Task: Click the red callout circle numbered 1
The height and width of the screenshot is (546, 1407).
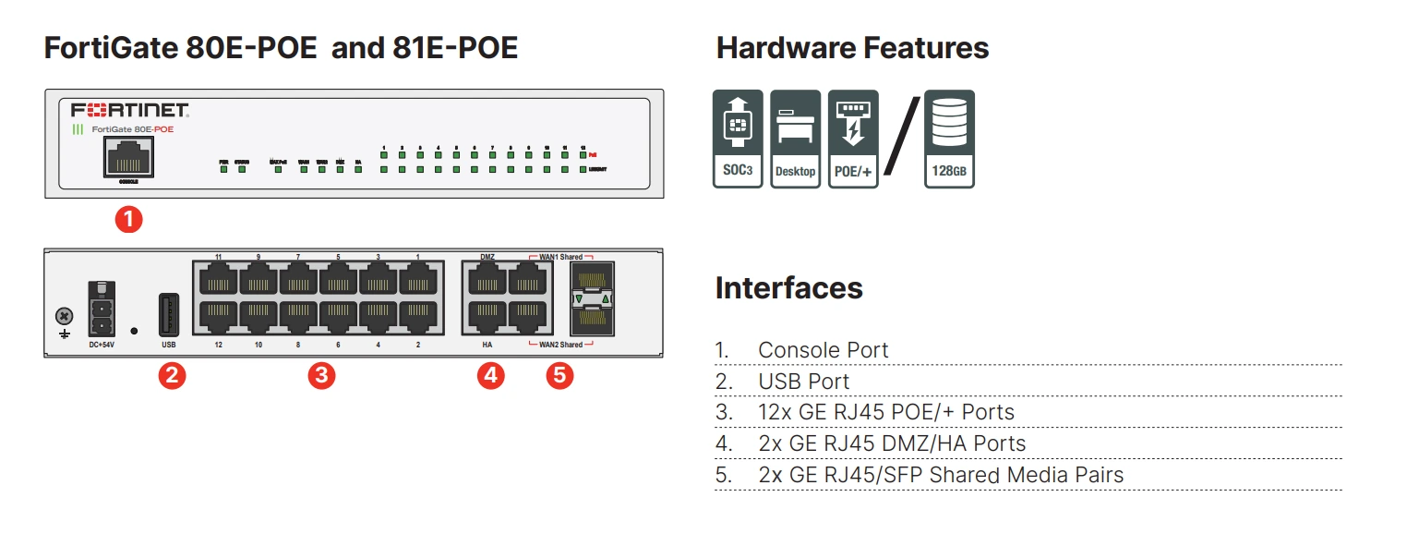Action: (127, 220)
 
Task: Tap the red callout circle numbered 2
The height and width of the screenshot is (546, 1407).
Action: (171, 375)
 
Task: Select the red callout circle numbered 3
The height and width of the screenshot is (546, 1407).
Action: (320, 375)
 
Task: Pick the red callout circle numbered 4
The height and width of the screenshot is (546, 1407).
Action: (490, 375)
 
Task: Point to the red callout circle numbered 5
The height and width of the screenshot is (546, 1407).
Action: (559, 375)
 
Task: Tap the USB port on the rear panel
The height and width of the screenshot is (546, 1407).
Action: (168, 315)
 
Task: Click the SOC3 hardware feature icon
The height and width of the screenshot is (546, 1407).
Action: (738, 139)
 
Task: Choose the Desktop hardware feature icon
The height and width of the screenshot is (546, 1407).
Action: (795, 139)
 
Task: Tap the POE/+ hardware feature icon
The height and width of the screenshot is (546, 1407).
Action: (852, 139)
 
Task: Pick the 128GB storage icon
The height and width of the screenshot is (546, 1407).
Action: (949, 139)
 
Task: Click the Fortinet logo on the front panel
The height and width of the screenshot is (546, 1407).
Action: (130, 111)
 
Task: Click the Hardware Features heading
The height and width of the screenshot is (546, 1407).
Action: (852, 48)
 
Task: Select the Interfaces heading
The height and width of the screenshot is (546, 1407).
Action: (788, 287)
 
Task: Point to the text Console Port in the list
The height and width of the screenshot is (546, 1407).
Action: (823, 350)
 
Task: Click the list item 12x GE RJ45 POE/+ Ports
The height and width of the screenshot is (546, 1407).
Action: (885, 412)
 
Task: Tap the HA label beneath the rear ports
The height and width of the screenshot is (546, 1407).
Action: (487, 345)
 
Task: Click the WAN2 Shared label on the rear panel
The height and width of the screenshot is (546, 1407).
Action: (560, 345)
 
